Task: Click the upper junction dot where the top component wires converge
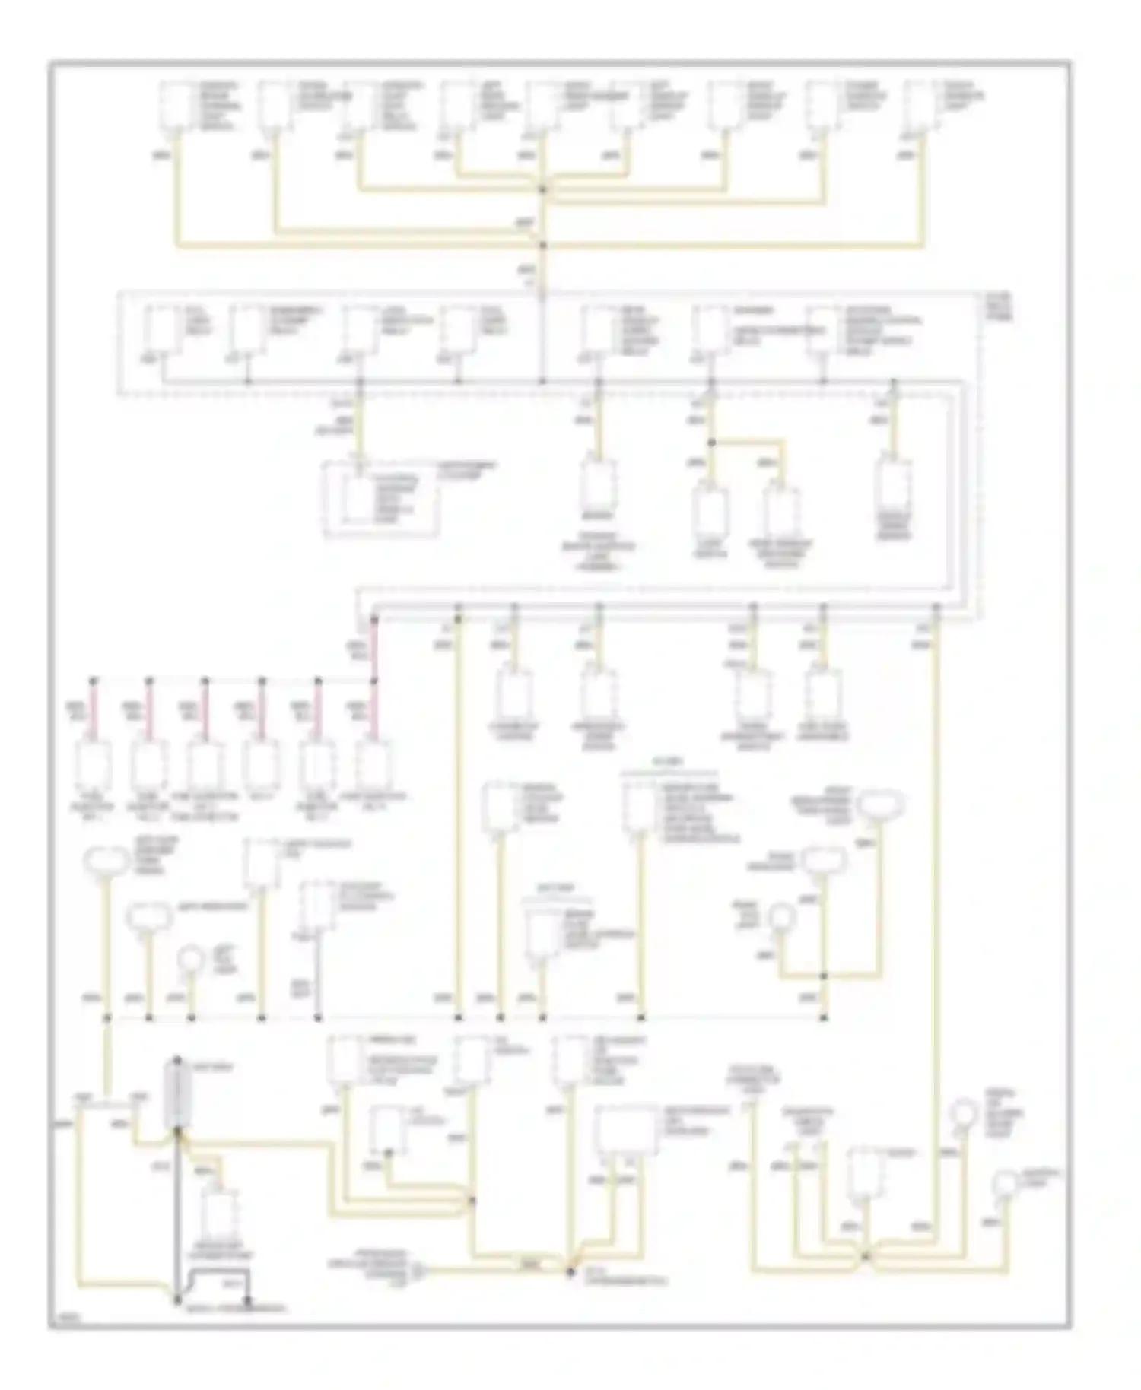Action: [x=543, y=189]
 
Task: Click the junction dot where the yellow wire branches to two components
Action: [x=712, y=442]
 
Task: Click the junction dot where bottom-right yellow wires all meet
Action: [x=865, y=1258]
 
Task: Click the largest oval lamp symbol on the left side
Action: [x=106, y=862]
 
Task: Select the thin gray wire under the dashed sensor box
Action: [x=317, y=977]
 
